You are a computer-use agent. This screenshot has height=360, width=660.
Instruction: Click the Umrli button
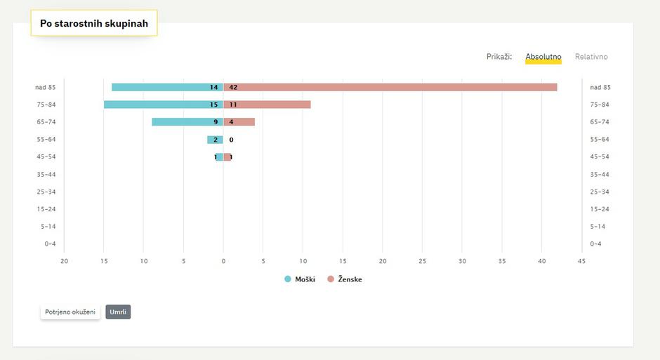pos(118,312)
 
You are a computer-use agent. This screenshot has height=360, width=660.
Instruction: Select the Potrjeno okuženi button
pos(70,312)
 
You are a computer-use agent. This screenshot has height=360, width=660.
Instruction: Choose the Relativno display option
pos(591,57)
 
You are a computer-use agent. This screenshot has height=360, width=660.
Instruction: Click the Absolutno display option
pos(543,57)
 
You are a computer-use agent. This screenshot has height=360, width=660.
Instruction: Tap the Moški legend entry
pos(300,279)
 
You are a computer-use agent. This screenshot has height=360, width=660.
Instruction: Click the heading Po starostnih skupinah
pos(94,24)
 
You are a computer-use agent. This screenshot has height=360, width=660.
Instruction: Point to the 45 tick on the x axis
pos(581,262)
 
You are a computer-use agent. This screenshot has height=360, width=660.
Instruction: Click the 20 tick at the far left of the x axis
pos(64,262)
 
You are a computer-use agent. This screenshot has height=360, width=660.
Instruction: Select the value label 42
pos(233,87)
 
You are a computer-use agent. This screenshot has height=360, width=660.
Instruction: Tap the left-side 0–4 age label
pos(50,244)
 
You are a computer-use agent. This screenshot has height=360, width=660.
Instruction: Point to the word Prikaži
pos(499,57)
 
